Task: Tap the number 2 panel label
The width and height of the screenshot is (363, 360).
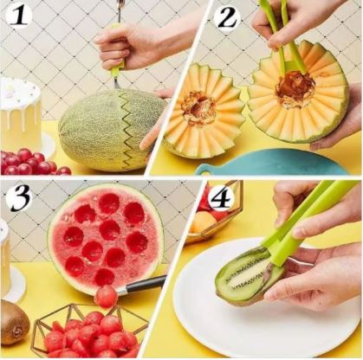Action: [x=227, y=18]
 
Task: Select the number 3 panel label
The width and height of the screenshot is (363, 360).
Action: [x=20, y=198]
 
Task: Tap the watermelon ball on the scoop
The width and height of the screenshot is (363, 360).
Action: [x=106, y=296]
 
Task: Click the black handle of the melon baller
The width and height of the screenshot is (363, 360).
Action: [x=146, y=284]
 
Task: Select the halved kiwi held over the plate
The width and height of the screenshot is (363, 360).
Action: [x=250, y=273]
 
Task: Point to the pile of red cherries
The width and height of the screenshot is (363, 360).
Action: [x=32, y=162]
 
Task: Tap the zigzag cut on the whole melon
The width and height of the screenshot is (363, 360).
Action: [x=125, y=132]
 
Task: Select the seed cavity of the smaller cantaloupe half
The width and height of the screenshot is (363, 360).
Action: [x=198, y=107]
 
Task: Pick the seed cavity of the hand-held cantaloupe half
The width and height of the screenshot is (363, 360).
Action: [x=295, y=87]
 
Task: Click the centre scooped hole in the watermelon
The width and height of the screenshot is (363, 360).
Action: [x=110, y=230]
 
